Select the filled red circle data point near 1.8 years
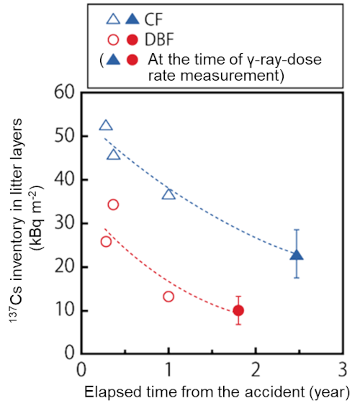(x=238, y=310)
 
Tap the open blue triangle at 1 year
(x=168, y=194)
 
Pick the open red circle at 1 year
(x=168, y=297)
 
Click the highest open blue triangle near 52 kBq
(x=106, y=125)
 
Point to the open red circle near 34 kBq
(x=113, y=204)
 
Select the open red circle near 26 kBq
(x=106, y=241)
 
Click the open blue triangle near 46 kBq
(x=113, y=154)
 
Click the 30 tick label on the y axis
(x=66, y=223)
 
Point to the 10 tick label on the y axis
(x=66, y=311)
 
